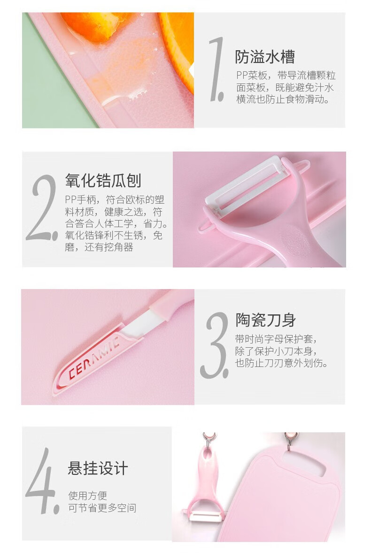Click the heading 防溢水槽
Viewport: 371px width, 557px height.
tap(265, 57)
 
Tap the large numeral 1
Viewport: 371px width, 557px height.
tap(217, 69)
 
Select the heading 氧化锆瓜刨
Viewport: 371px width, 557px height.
tap(103, 181)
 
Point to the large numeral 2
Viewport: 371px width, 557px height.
tap(42, 207)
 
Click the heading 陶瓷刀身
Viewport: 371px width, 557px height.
tap(265, 320)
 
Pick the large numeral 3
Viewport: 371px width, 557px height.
tap(215, 345)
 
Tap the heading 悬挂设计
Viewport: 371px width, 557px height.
tap(98, 468)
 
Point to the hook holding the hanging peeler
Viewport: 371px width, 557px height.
tap(209, 441)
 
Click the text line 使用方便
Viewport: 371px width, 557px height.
tap(87, 496)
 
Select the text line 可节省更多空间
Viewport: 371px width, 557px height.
tap(102, 508)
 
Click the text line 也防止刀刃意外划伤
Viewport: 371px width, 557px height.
tap(282, 363)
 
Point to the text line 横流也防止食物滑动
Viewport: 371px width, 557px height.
tap(283, 99)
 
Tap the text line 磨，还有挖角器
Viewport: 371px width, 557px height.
tap(99, 247)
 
